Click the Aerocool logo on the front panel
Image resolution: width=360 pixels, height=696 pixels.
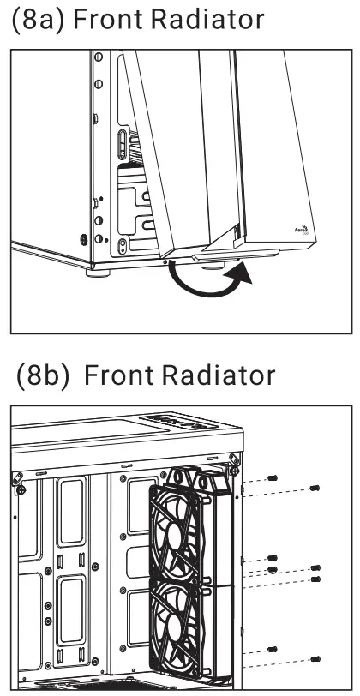[301, 231]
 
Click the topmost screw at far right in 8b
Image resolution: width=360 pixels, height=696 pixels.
[315, 487]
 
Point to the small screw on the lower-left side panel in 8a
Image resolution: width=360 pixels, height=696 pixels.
[84, 241]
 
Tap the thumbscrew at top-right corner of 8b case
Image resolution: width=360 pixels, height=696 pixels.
[231, 471]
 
